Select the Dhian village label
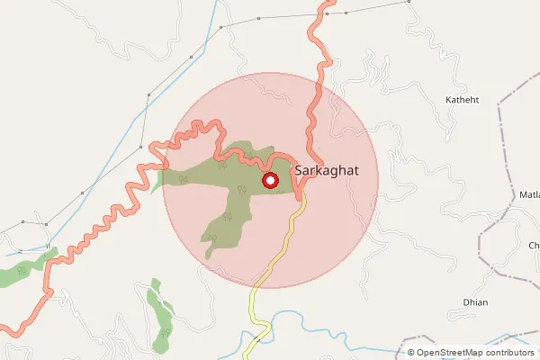tap(474, 302)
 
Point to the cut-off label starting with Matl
tap(527, 194)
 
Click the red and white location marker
tap(269, 181)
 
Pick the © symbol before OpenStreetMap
tap(411, 353)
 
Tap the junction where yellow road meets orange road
tap(301, 192)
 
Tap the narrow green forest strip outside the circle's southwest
tap(160, 310)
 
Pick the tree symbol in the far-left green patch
tap(22, 267)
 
